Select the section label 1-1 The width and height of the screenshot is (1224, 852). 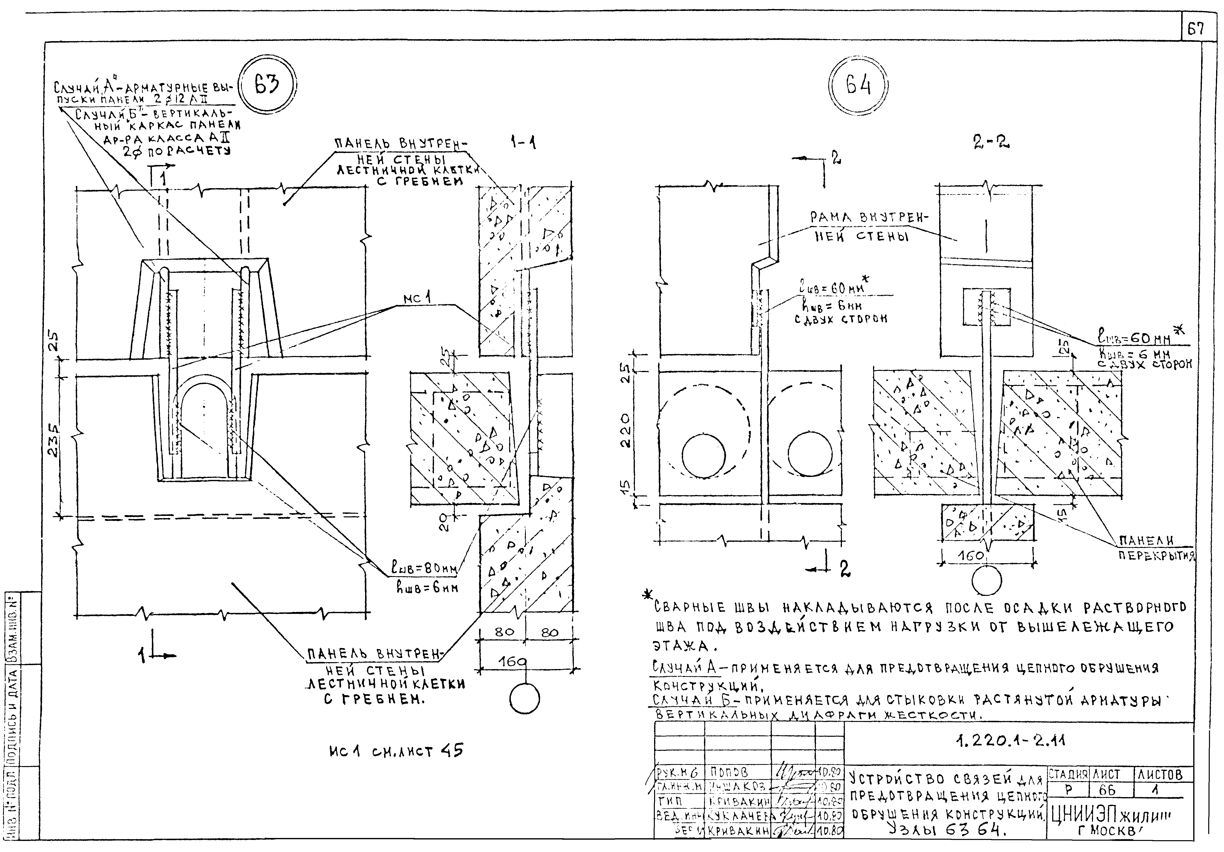(522, 143)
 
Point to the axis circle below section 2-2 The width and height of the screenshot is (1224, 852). (986, 581)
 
